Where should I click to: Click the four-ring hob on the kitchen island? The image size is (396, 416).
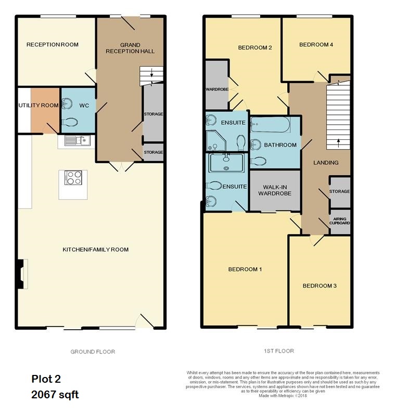[x=73, y=178]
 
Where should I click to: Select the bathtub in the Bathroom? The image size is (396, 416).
[x=271, y=125]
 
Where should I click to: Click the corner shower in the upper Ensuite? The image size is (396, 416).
[x=216, y=140]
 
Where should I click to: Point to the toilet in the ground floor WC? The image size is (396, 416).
[x=70, y=122]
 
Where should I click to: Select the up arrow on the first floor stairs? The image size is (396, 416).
[x=338, y=142]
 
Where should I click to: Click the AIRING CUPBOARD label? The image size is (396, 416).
[x=340, y=221]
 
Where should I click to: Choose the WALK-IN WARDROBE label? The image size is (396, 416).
[x=275, y=190]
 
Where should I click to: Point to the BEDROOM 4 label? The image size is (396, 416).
[x=316, y=45]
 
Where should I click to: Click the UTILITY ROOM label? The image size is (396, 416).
[x=39, y=106]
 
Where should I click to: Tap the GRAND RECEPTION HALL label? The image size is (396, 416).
[x=130, y=48]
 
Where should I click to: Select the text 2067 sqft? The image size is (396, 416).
[x=55, y=395]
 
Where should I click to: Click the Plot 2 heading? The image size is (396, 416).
[x=46, y=379]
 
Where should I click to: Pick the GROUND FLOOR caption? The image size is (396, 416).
[x=93, y=352]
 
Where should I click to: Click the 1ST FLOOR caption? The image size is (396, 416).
[x=279, y=351]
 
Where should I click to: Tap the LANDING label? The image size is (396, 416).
[x=326, y=163]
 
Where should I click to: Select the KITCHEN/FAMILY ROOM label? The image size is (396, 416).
[x=96, y=250]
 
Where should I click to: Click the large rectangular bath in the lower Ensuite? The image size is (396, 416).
[x=226, y=163]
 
